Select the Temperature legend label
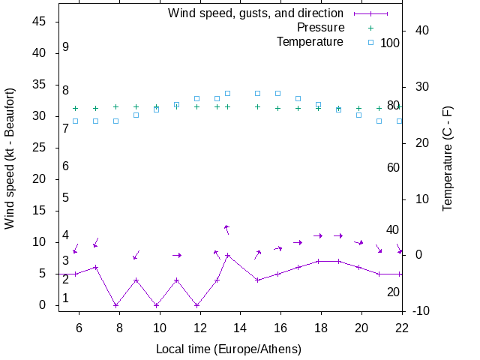click(310, 42)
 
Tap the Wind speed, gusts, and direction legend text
click(256, 13)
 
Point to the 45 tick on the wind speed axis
click(40, 22)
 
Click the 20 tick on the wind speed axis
click(40, 179)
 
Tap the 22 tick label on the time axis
click(402, 327)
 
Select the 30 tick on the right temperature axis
click(417, 86)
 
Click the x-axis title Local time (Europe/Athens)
click(229, 349)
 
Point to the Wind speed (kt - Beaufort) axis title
click(10, 166)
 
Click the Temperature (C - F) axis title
click(448, 158)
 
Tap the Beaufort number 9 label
click(66, 47)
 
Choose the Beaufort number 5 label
click(66, 198)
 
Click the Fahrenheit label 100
click(390, 43)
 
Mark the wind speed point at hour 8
click(115, 305)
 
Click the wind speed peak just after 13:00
click(227, 255)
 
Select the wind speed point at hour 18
click(318, 261)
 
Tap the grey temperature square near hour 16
click(277, 93)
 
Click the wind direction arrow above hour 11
click(177, 255)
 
